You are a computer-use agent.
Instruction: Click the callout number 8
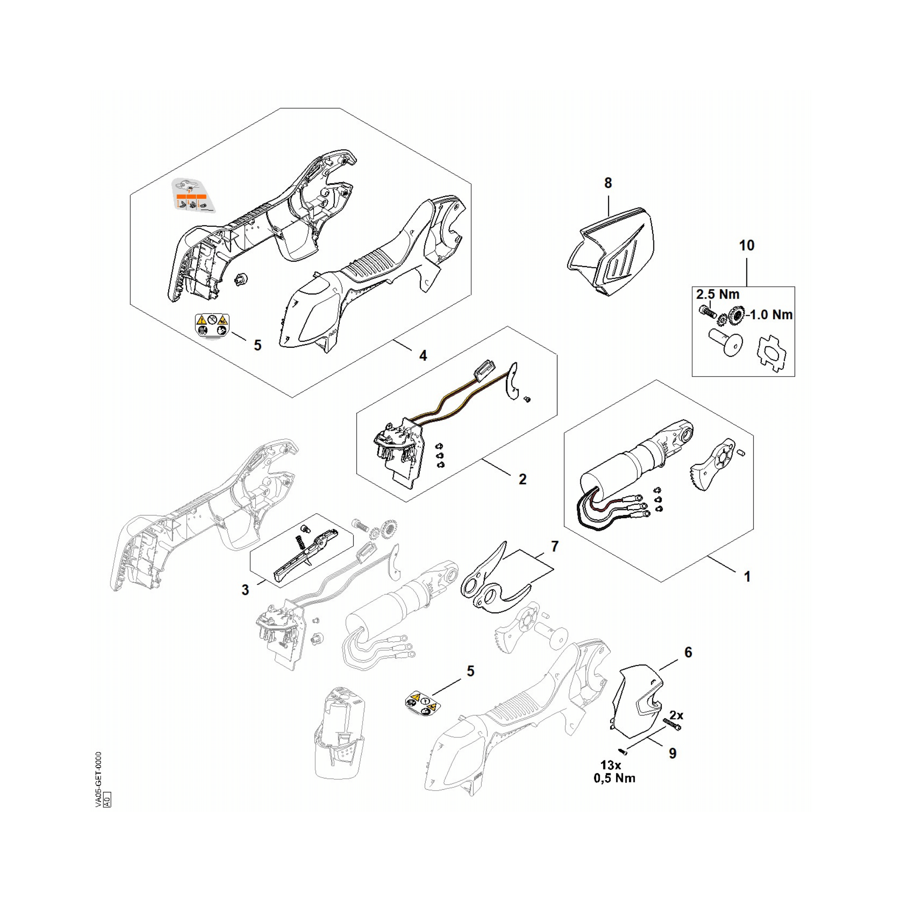click(608, 183)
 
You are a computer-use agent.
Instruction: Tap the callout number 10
click(746, 246)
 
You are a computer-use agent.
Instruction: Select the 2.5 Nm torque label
click(718, 295)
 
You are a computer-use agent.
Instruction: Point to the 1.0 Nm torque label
click(771, 315)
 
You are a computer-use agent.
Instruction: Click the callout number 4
click(423, 356)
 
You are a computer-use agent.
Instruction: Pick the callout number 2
click(522, 479)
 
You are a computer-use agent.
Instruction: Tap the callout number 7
click(555, 546)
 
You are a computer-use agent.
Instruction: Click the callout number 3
click(245, 590)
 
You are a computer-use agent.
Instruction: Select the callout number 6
click(688, 653)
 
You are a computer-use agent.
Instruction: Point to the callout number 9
click(673, 754)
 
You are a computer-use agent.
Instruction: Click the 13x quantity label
click(611, 766)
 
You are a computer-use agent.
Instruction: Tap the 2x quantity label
click(676, 716)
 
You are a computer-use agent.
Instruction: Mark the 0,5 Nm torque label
click(614, 778)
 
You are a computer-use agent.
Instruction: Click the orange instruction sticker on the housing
click(192, 195)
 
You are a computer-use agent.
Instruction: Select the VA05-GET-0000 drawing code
click(98, 779)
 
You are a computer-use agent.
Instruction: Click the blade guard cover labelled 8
click(612, 252)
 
